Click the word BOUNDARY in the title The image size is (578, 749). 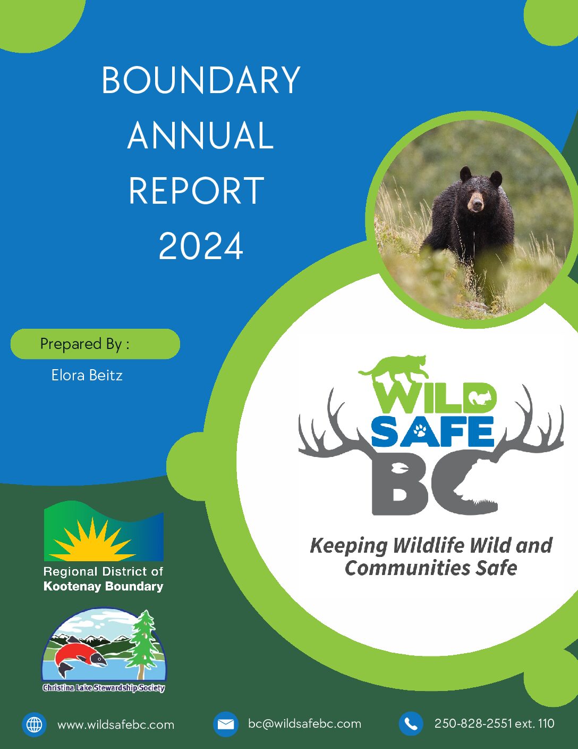[x=201, y=80]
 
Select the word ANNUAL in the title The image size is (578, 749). [x=201, y=135]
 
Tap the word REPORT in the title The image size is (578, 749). [x=197, y=190]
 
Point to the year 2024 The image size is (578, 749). [x=201, y=246]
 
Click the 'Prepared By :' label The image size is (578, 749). [x=84, y=344]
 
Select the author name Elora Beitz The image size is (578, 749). [x=87, y=375]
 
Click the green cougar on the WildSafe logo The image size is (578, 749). [x=394, y=367]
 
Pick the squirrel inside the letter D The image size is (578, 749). [x=478, y=398]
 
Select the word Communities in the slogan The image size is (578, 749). [x=407, y=569]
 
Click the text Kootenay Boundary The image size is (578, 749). [x=103, y=586]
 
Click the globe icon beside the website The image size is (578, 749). [x=34, y=725]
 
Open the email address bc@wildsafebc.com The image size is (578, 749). [x=304, y=724]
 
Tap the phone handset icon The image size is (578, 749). [x=411, y=724]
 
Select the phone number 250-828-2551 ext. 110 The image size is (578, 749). [x=495, y=723]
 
